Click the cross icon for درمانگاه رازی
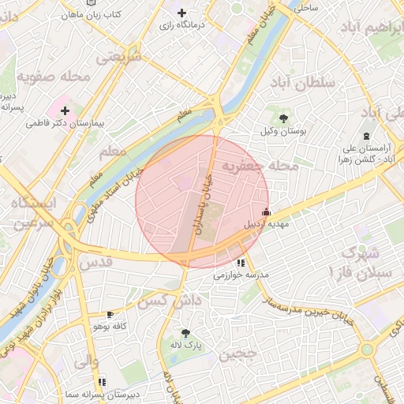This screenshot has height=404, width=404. coord(182,13)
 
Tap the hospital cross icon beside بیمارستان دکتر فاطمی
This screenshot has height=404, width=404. coord(65,110)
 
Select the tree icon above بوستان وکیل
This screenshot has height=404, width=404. coord(284,118)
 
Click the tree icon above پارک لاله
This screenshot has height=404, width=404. coord(186,333)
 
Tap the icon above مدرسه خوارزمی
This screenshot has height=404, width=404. coord(240,263)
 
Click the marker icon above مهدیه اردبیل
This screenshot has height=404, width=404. coord(266,211)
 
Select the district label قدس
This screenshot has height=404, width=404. coord(94,262)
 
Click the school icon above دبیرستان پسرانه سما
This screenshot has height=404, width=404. coord(102,382)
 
